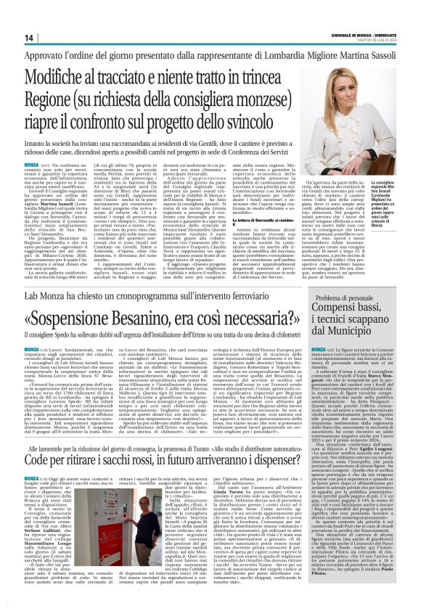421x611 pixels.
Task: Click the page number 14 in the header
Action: pyautogui.click(x=30, y=37)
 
